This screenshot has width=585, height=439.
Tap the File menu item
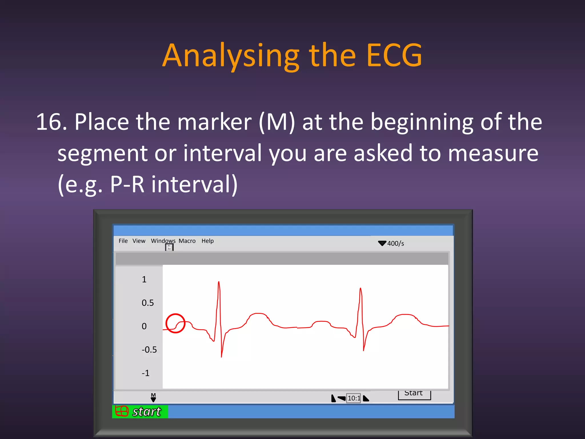pyautogui.click(x=123, y=241)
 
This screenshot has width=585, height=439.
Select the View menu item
pyautogui.click(x=139, y=241)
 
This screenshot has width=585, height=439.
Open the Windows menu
pyautogui.click(x=163, y=241)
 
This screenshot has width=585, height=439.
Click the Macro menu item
pyautogui.click(x=187, y=241)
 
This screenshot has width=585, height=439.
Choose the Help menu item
pyautogui.click(x=207, y=241)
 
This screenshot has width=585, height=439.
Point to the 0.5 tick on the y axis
pyautogui.click(x=148, y=303)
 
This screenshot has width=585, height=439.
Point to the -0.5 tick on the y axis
pyautogui.click(x=149, y=350)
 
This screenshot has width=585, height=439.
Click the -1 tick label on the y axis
pyautogui.click(x=145, y=373)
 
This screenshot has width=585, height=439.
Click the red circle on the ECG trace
pyautogui.click(x=175, y=323)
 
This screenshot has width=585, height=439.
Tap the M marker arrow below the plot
pyautogui.click(x=153, y=398)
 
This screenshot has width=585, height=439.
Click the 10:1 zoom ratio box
pyautogui.click(x=354, y=398)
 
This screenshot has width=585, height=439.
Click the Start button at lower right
pyautogui.click(x=414, y=394)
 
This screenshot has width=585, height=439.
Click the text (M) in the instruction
pyautogui.click(x=277, y=122)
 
